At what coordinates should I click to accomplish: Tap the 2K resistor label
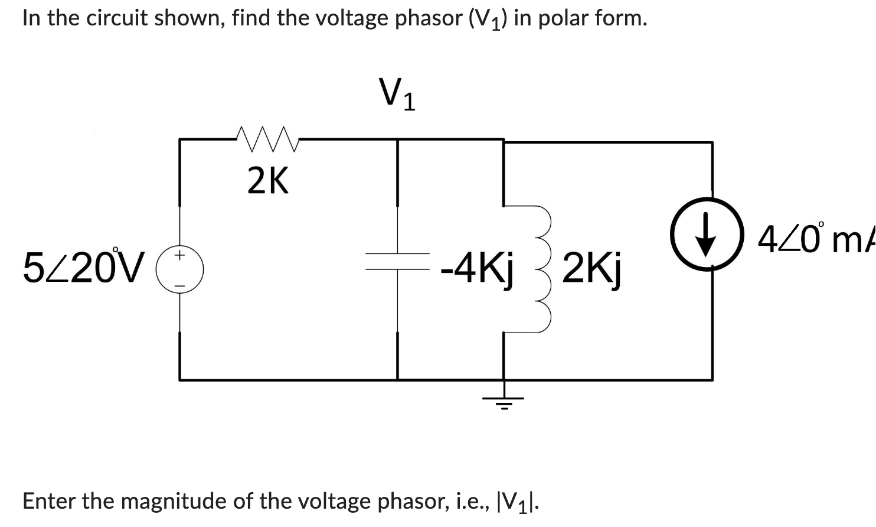(268, 181)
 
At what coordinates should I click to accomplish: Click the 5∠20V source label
(83, 267)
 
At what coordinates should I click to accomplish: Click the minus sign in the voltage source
(180, 287)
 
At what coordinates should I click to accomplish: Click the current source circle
(706, 235)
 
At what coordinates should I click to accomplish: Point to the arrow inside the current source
(706, 235)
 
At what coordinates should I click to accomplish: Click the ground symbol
(503, 401)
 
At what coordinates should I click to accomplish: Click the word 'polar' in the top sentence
(561, 18)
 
